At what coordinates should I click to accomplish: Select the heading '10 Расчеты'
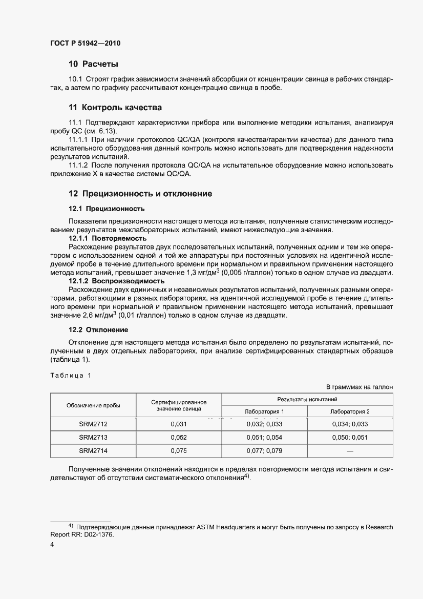click(93, 64)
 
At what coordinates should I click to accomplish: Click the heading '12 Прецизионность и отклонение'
click(140, 194)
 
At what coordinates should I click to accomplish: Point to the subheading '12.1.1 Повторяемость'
click(108, 238)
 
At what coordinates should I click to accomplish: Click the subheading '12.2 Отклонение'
click(98, 329)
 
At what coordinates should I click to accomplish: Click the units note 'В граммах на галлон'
click(359, 387)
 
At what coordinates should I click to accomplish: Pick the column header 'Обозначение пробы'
click(93, 405)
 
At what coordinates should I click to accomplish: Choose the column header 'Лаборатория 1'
click(264, 411)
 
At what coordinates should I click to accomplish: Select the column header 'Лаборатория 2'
click(350, 411)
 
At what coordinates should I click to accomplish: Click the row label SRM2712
click(93, 424)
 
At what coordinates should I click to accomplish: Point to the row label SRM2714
click(93, 451)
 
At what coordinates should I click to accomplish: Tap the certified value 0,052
click(179, 438)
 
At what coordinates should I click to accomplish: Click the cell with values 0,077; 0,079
click(264, 451)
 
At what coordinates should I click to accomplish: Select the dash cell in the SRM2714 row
click(350, 451)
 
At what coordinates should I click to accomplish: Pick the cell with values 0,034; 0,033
click(350, 424)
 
